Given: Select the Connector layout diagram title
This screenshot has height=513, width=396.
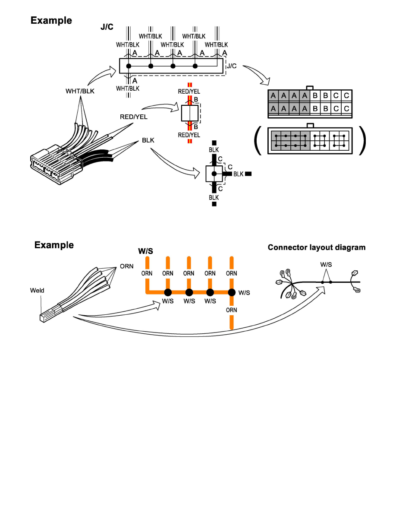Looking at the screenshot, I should point(317,247).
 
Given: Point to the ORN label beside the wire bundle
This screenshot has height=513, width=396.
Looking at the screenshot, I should point(126,266).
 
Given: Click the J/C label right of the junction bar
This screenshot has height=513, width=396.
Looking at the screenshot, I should point(231,66).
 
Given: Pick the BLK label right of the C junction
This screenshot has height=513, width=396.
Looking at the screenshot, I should point(239,174).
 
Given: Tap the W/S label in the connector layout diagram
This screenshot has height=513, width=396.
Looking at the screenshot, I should point(326,264).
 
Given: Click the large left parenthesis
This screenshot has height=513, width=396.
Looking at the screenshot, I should point(258,140).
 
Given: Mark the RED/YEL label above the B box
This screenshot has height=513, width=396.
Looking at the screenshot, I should point(189,91).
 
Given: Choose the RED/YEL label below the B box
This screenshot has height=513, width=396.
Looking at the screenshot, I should point(189,135).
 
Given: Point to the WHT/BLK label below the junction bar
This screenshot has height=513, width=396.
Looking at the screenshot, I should point(128,89).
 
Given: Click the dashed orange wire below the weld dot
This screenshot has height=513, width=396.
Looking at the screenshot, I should point(232,321).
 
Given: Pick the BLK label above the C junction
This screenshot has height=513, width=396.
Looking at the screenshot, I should point(214,150).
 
